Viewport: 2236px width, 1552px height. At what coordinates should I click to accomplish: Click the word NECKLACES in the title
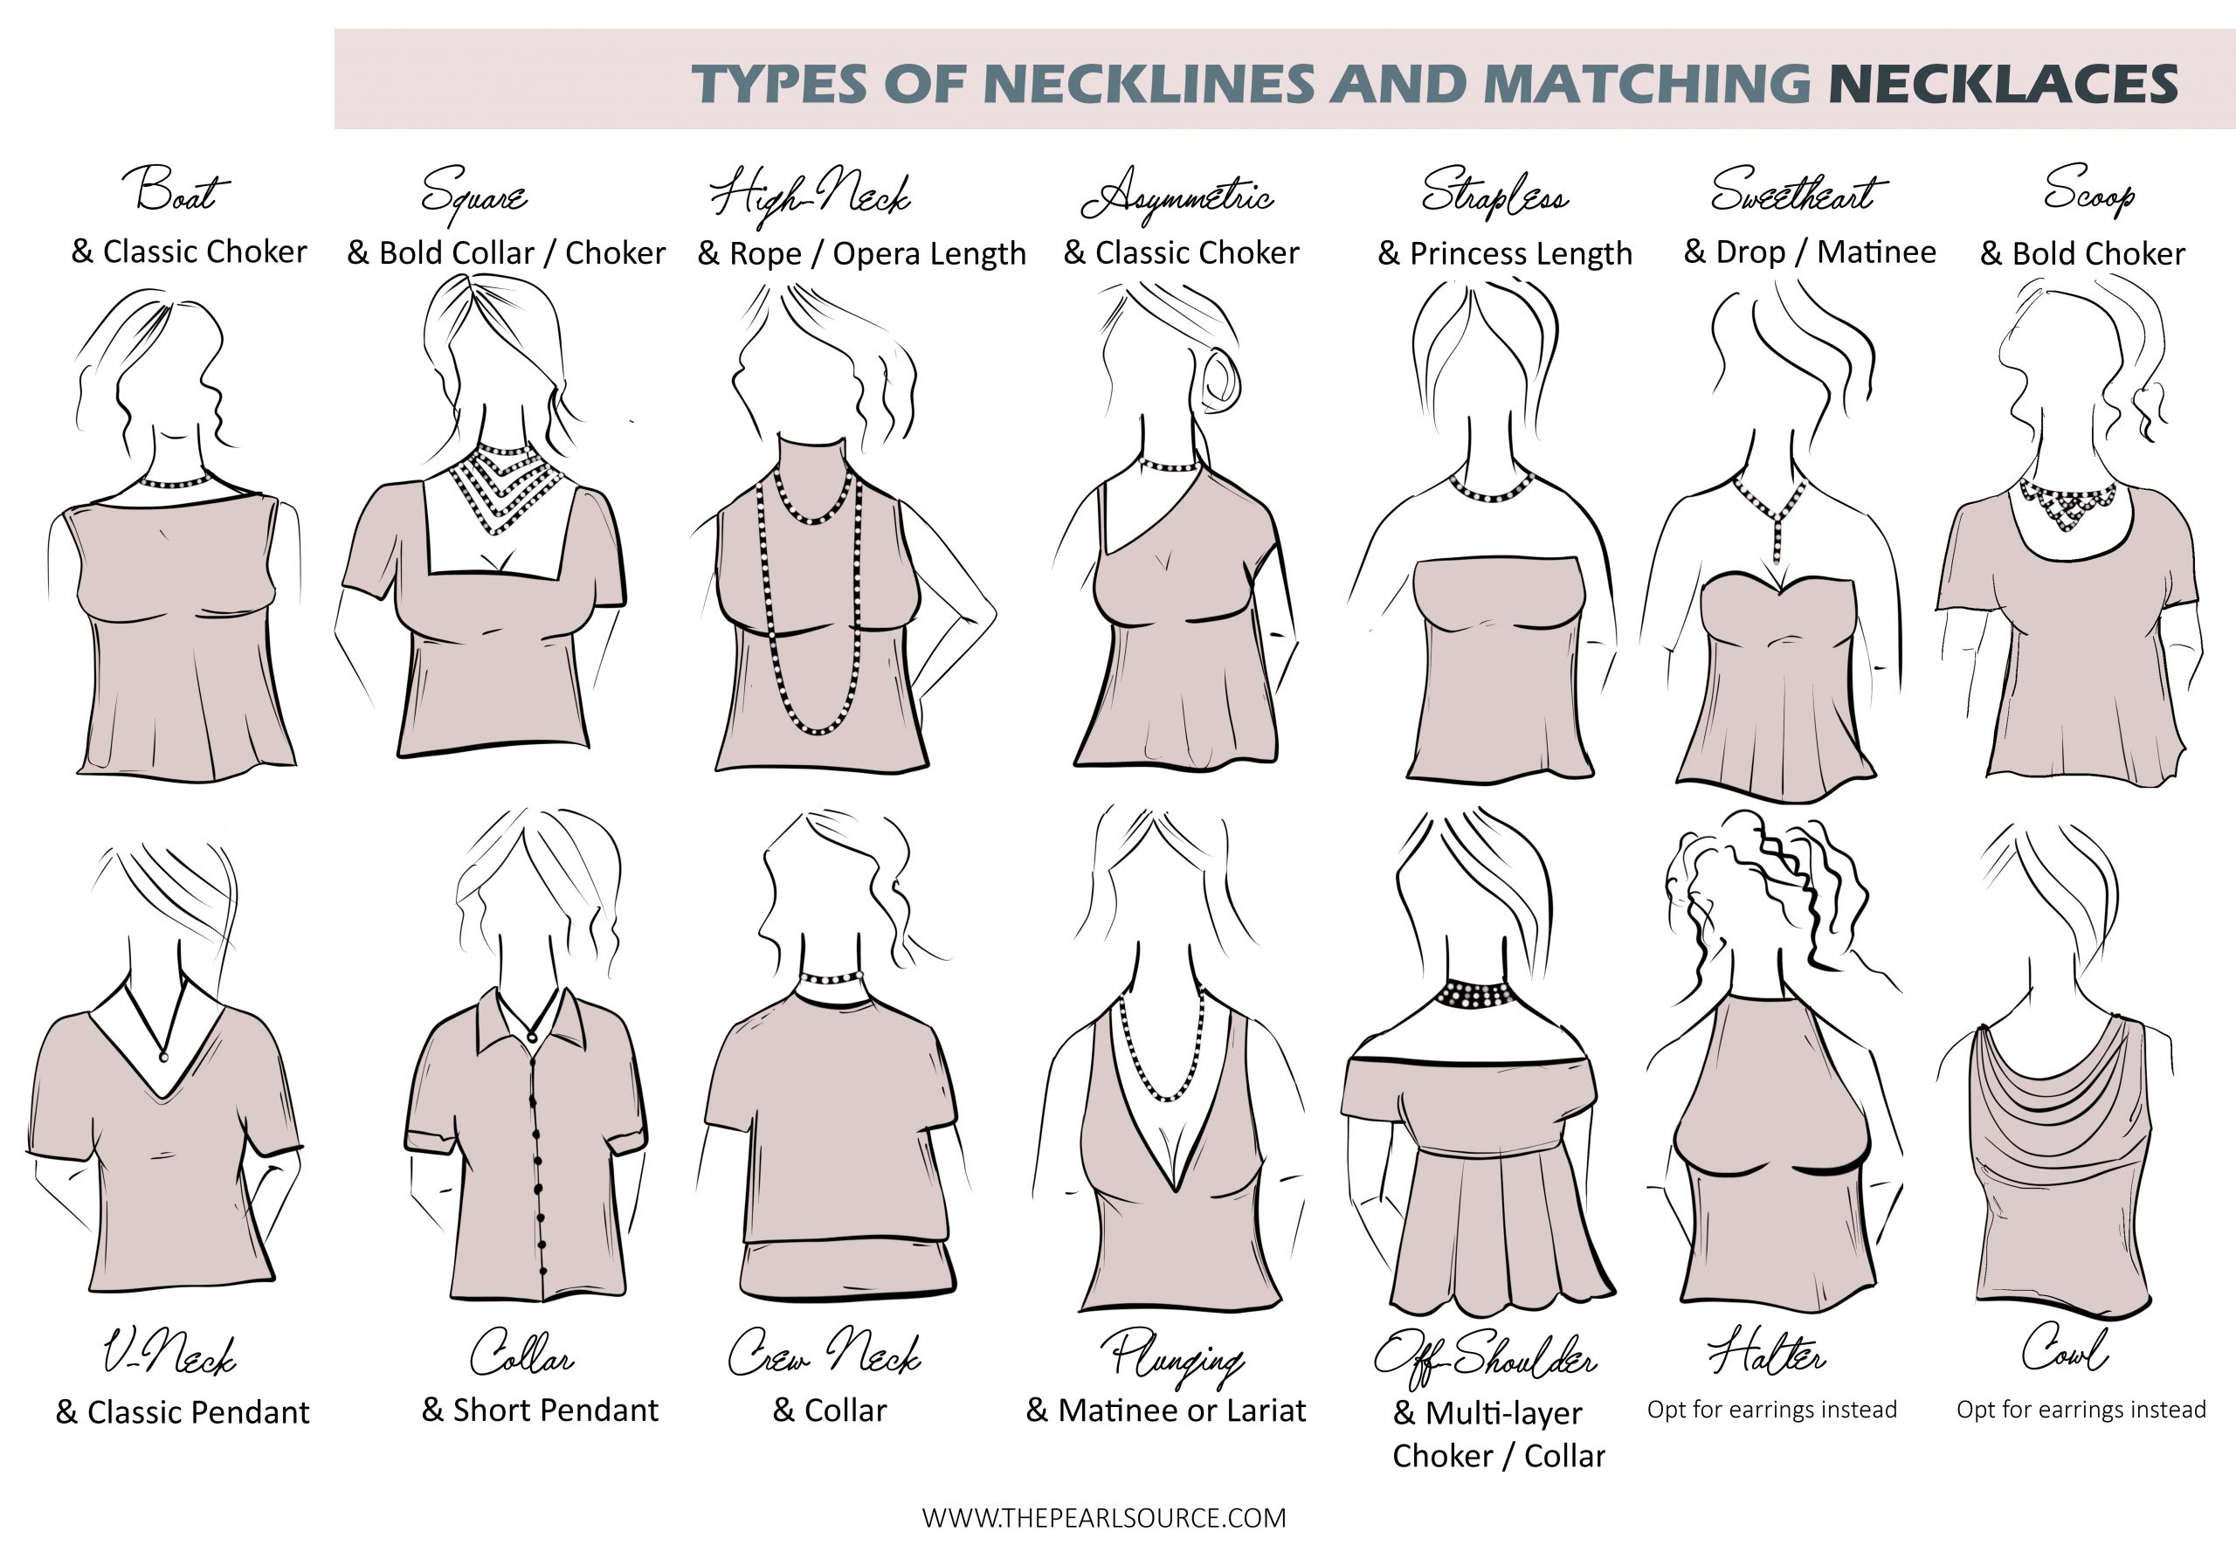(2003, 83)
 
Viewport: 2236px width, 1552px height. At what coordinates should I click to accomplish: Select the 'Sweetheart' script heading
(1798, 190)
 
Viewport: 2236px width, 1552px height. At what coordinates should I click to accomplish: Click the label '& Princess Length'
(1505, 254)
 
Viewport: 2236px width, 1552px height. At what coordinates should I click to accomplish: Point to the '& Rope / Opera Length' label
(862, 254)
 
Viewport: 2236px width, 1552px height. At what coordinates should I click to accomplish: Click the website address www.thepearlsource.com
(1104, 1518)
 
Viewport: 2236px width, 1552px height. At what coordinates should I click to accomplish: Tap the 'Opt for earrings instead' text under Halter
(1771, 1409)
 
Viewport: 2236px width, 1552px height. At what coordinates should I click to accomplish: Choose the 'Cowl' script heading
(2064, 1349)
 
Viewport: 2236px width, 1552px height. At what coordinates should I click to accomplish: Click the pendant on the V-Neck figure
(163, 1056)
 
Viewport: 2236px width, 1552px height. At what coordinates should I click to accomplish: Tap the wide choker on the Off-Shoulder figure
(1476, 994)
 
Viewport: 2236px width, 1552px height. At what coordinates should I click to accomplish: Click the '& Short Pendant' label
(540, 1409)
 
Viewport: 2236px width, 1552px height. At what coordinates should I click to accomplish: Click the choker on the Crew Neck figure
(832, 977)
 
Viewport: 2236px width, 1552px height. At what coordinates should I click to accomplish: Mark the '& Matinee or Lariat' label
(1165, 1409)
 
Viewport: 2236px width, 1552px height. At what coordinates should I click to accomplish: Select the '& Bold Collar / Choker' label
(506, 254)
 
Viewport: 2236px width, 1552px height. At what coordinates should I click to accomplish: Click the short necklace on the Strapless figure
(1490, 489)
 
